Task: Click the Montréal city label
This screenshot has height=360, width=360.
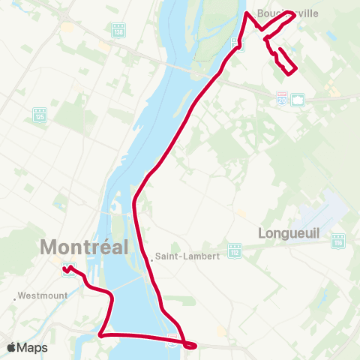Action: point(84,246)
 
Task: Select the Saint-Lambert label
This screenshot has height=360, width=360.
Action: point(190,256)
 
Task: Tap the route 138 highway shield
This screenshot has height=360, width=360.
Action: point(118,31)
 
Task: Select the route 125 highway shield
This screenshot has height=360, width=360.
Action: point(40,115)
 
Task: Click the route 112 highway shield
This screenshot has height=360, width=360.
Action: point(235,249)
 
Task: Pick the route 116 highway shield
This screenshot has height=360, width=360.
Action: point(339,241)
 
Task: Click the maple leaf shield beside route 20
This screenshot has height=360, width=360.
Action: point(298,98)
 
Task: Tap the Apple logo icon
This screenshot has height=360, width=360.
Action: point(13,347)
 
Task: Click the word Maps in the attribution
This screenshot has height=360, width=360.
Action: point(34,347)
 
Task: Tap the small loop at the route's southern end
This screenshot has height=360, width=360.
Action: point(190,345)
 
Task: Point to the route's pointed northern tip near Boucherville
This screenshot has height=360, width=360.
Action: point(247,13)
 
